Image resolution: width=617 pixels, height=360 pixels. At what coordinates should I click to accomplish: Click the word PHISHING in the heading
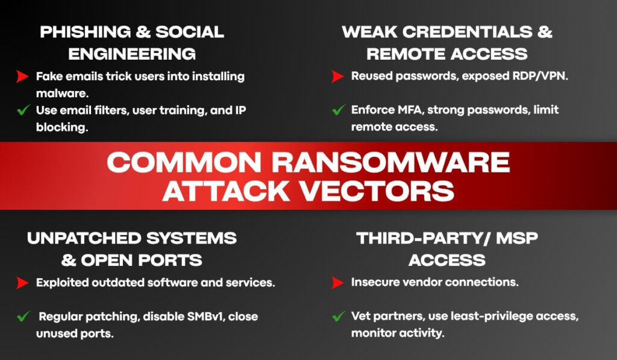coord(86,32)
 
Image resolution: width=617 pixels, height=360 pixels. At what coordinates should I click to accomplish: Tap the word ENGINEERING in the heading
coord(132,54)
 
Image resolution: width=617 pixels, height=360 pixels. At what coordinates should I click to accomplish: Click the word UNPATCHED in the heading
coord(84,238)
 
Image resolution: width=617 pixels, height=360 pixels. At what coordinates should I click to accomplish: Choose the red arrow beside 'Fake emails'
coord(22,76)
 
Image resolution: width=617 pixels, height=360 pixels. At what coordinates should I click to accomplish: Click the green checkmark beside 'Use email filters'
coord(23,110)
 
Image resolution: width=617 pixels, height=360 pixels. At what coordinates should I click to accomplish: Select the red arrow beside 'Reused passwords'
coord(337,76)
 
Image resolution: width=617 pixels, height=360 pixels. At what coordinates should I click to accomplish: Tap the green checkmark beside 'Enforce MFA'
coord(339,110)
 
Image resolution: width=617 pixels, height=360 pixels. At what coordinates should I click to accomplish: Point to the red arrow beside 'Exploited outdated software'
coord(22,282)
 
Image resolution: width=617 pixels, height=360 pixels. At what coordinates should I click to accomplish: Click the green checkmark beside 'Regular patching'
coord(23,316)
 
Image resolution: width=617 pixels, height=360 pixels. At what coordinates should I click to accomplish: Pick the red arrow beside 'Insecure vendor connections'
coord(337,282)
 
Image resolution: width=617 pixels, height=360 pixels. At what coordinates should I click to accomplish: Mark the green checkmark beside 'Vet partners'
coord(339,316)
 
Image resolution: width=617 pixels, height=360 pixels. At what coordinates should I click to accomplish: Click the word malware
coord(62,93)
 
